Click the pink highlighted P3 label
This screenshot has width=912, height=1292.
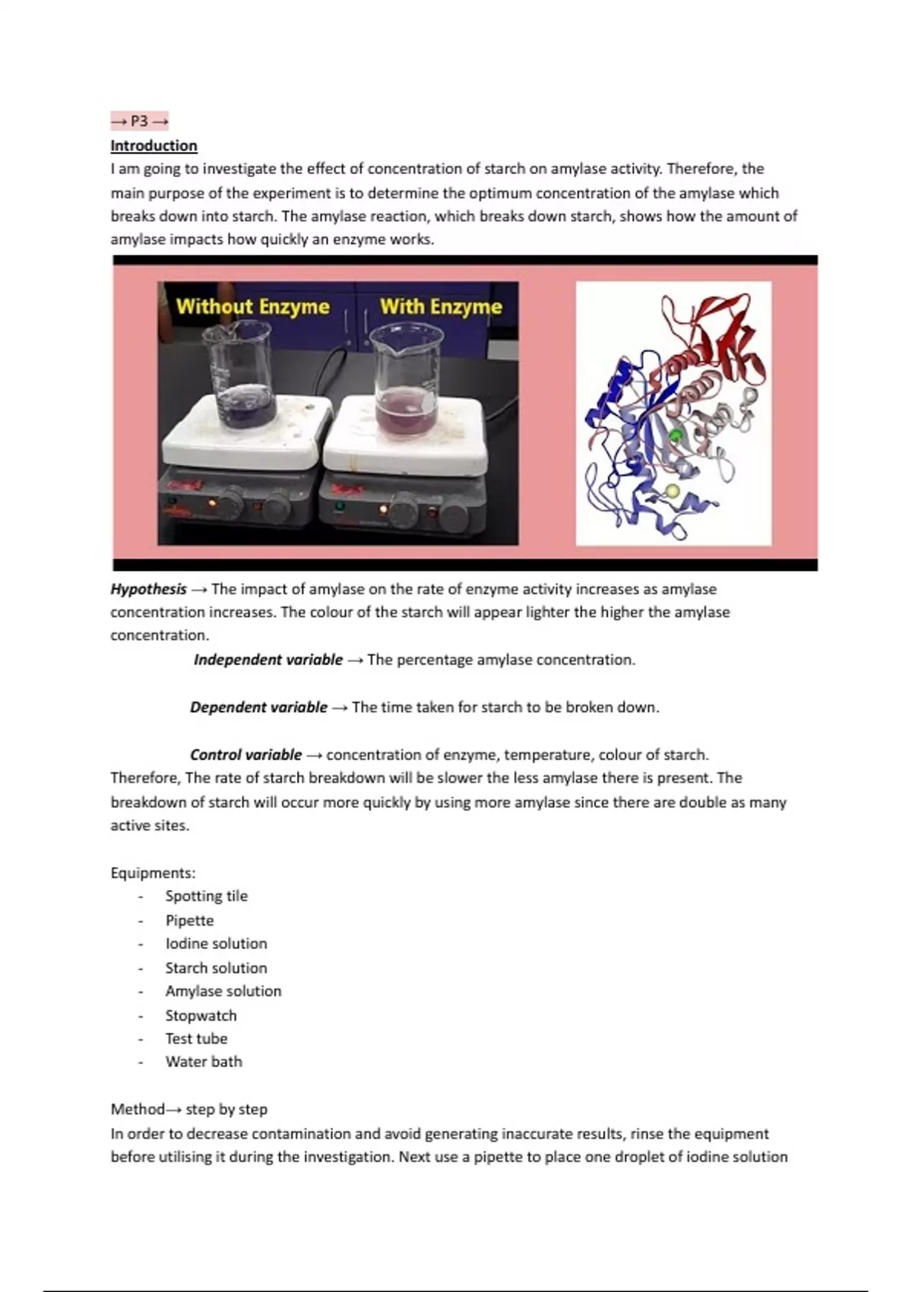coord(139,121)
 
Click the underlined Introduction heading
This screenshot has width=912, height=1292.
coord(154,145)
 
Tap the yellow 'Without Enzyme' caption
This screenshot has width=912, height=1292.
coord(252,306)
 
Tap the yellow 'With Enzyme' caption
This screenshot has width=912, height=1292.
coord(441,306)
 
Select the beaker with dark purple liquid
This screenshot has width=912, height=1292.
coord(239,376)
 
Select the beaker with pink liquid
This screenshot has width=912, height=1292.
coord(406,380)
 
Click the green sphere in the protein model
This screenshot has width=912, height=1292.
coord(676,435)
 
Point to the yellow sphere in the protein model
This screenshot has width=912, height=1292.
coord(672,492)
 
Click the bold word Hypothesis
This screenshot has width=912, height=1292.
coord(148,589)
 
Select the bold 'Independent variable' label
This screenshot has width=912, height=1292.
coord(268,660)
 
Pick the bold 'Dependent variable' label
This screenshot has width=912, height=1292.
coord(258,707)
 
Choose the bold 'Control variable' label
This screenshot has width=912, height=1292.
coord(245,755)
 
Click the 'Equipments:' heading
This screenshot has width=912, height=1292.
coord(153,872)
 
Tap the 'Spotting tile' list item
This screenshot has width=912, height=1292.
coord(206,896)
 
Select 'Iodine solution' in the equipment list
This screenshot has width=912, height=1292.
coord(216,943)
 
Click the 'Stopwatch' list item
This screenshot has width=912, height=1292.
coord(201,1015)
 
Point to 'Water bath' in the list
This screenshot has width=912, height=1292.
coord(204,1062)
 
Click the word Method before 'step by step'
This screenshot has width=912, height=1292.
coord(137,1110)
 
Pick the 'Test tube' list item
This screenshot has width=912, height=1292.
coord(196,1038)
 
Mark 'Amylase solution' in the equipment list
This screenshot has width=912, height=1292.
coord(223,991)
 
